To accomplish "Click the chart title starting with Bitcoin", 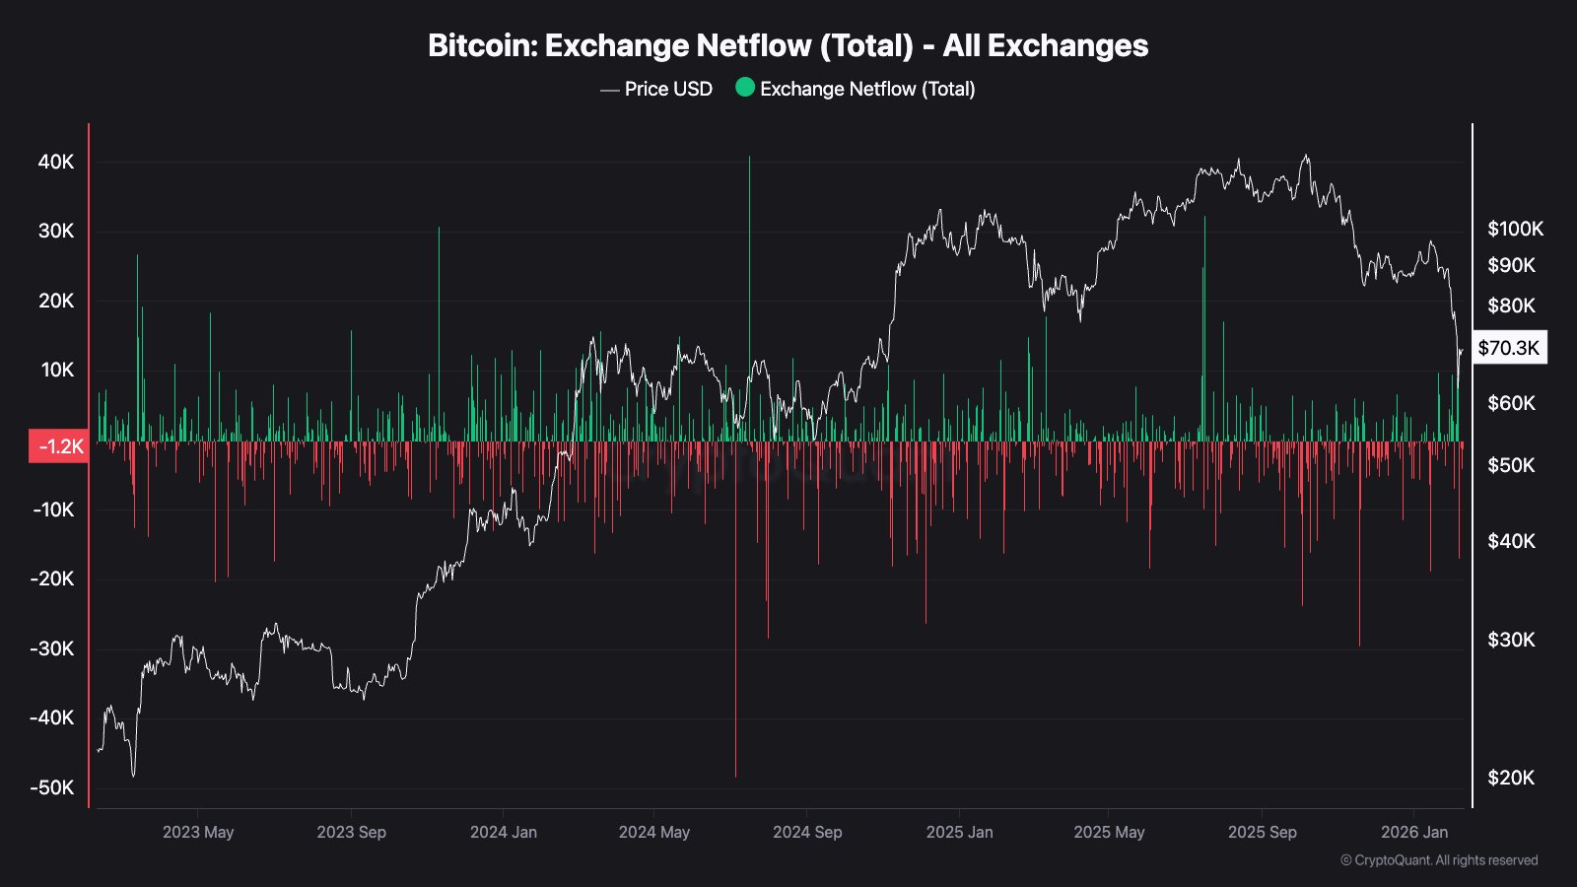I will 788,45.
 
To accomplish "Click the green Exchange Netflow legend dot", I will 745,88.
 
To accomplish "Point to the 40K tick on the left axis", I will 56,162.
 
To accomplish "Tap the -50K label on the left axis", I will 52,787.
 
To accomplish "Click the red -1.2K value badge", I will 59,446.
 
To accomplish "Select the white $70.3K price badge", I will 1508,348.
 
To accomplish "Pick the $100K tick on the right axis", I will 1515,229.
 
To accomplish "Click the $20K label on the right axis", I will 1511,778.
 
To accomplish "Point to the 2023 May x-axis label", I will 198,832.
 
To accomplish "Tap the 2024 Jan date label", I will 504,832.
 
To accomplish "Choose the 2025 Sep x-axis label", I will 1262,832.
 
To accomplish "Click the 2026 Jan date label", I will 1414,832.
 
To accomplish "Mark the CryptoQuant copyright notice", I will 1439,860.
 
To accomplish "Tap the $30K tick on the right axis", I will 1511,640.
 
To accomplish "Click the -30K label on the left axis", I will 52,648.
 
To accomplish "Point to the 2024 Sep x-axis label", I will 807,832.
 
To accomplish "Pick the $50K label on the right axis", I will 1511,465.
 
